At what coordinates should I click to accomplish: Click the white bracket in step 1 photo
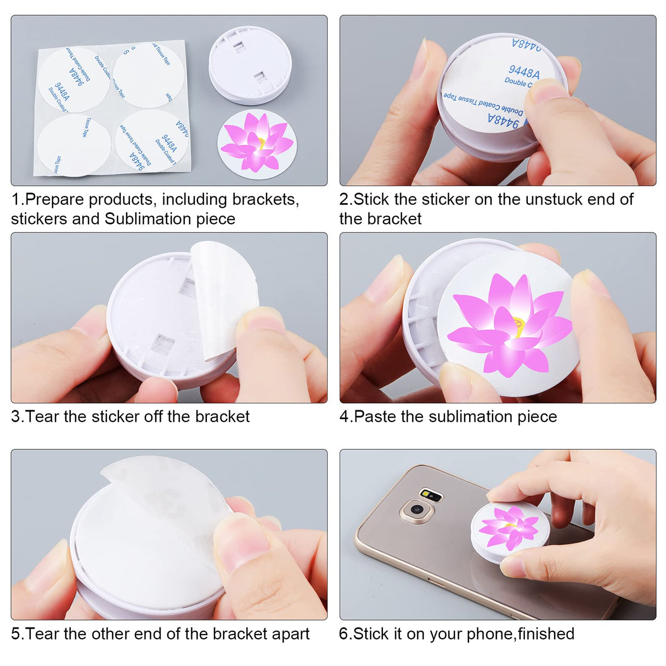tap(250, 66)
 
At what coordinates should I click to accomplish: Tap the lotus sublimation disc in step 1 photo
tap(257, 143)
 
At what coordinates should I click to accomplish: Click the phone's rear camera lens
tap(417, 510)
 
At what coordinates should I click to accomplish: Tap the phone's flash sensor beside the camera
tap(431, 495)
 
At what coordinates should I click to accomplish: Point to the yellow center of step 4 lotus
tap(519, 328)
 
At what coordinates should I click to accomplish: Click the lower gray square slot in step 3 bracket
tap(165, 343)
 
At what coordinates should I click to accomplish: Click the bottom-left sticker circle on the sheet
tap(72, 145)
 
